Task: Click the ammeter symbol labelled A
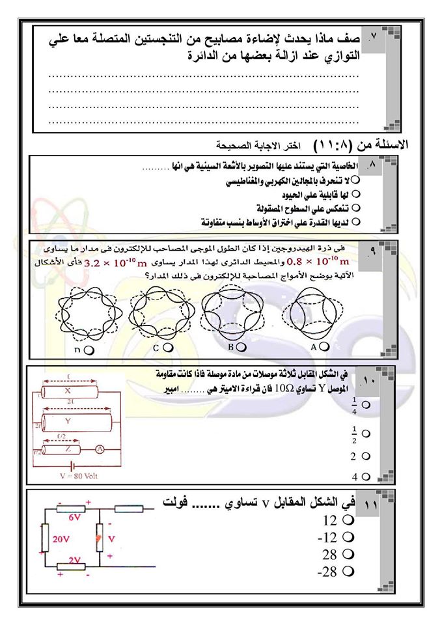tap(111, 449)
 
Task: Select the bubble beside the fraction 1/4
tap(365, 405)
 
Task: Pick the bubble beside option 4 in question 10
tap(365, 476)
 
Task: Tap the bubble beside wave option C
tap(169, 348)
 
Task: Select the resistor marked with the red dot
tap(100, 540)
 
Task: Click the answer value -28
tap(326, 572)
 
